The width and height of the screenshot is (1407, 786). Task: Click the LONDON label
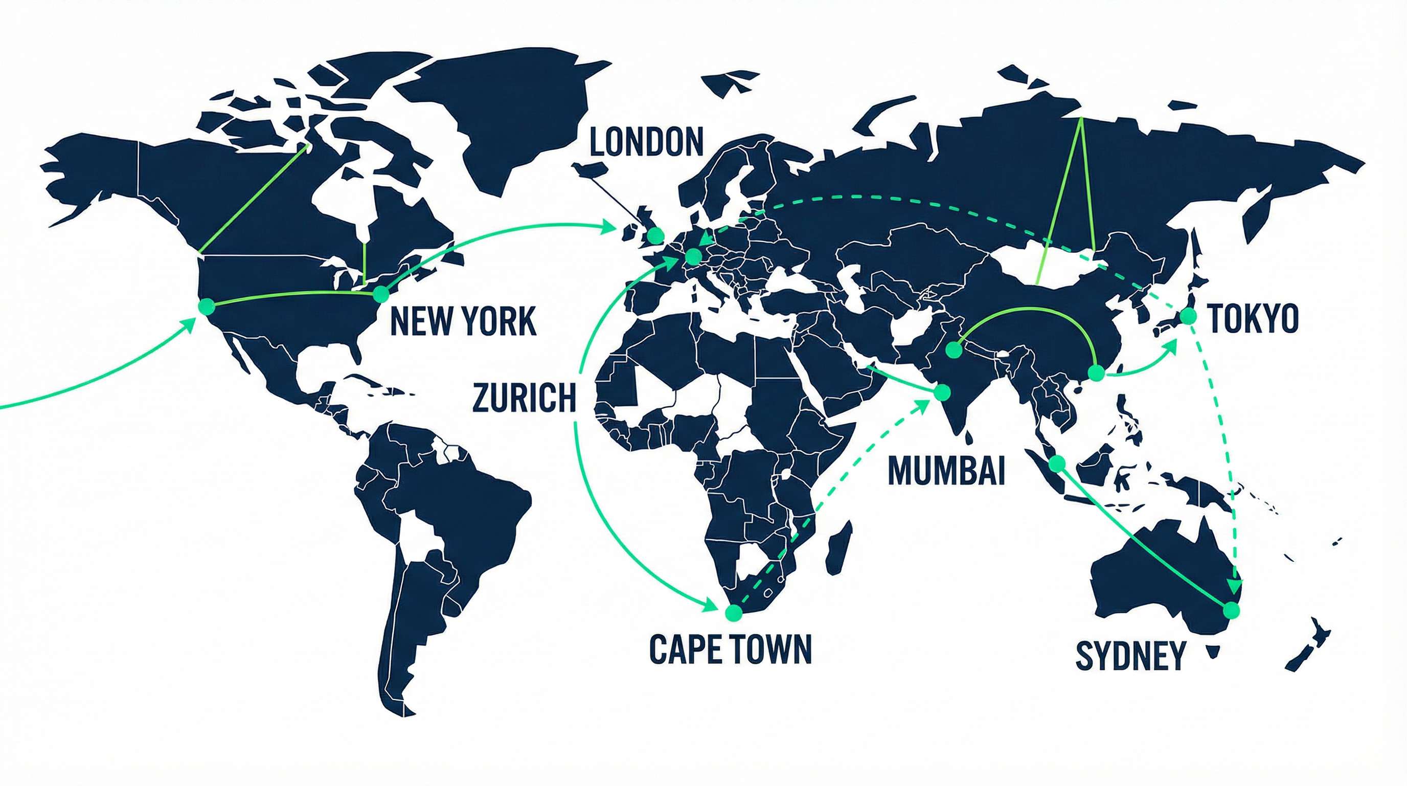click(x=646, y=142)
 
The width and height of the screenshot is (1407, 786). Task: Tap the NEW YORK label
click(x=463, y=321)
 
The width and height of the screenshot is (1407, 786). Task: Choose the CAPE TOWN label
click(x=730, y=649)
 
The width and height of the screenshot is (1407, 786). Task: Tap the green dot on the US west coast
click(x=207, y=306)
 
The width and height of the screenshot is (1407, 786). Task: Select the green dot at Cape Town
click(x=733, y=613)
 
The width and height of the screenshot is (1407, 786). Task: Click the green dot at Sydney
click(x=1230, y=610)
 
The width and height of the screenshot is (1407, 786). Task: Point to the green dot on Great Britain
click(x=655, y=235)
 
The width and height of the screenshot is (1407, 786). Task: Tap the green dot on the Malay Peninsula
click(x=1057, y=464)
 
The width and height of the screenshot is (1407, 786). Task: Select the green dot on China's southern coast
click(x=1096, y=373)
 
